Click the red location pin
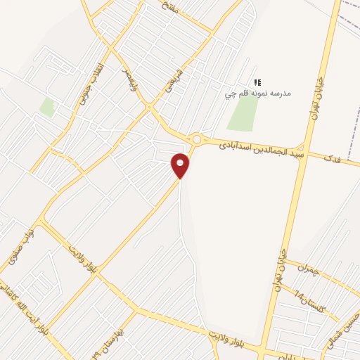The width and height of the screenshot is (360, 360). (x=181, y=165)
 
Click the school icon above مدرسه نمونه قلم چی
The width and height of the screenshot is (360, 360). (x=257, y=83)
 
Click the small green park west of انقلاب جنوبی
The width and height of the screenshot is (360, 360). (x=47, y=108)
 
